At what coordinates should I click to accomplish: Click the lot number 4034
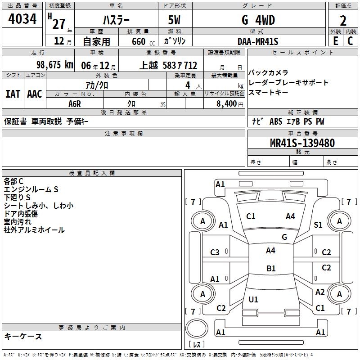pyautogui.click(x=22, y=20)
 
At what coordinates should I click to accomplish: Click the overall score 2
pyautogui.click(x=343, y=21)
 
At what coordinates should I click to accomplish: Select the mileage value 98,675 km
pyautogui.click(x=55, y=65)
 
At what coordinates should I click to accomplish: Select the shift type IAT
pyautogui.click(x=13, y=94)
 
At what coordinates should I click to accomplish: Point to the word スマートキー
pyautogui.click(x=268, y=93)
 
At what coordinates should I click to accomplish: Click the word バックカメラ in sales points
pyautogui.click(x=268, y=73)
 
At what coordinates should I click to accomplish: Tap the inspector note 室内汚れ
pyautogui.click(x=18, y=222)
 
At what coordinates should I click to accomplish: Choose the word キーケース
pyautogui.click(x=23, y=337)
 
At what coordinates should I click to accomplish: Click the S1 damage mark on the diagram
pyautogui.click(x=318, y=225)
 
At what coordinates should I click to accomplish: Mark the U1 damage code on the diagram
pyautogui.click(x=253, y=299)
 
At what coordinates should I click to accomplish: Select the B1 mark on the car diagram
pyautogui.click(x=271, y=269)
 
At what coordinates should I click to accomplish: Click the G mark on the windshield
pyautogui.click(x=284, y=237)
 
